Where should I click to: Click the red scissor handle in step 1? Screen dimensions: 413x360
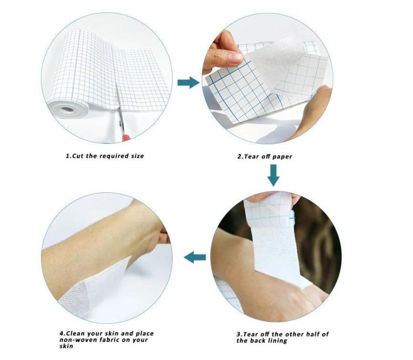tap(125, 138)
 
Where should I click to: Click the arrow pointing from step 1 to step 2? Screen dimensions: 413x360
tap(188, 83)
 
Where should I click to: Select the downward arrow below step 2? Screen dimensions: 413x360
tap(274, 175)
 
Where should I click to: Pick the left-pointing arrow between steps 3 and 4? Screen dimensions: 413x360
tap(195, 257)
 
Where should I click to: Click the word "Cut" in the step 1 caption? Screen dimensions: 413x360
tap(78, 156)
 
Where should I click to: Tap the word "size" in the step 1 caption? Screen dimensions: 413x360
tap(137, 156)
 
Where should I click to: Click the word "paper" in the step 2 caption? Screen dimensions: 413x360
tap(282, 157)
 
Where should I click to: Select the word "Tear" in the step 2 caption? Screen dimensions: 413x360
tap(252, 157)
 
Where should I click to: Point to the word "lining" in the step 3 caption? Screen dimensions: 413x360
tap(277, 341)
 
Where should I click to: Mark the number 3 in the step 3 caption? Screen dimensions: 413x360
tap(239, 335)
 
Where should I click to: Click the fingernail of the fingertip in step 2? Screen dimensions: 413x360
tap(236, 57)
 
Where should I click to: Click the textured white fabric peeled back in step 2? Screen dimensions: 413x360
tap(274, 62)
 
